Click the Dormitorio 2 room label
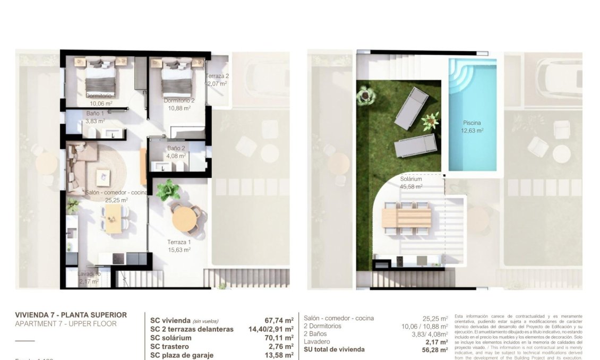pos(179,100)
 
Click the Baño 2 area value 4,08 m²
pos(176,156)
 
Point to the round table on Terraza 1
pos(184,218)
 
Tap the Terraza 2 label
pos(217,76)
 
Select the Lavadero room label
pos(89,274)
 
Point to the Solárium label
pos(411,179)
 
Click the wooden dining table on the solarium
pos(406,217)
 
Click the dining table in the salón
pos(113,218)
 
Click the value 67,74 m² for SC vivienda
pos(279,320)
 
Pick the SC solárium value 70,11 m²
pos(279,338)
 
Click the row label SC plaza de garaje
pos(182,355)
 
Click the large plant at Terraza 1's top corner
pos(168,190)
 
